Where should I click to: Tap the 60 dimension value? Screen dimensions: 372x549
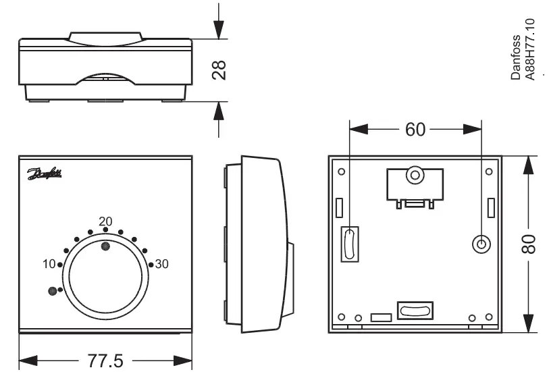point(415,130)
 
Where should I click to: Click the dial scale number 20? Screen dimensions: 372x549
point(105,221)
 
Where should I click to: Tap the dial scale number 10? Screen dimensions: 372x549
point(49,263)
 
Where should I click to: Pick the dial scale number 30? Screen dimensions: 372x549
point(162,264)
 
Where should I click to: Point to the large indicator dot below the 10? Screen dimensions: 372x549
point(51,291)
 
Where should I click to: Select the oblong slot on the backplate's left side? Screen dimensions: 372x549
point(349,244)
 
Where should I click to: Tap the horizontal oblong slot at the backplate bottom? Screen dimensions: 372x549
point(415,311)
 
